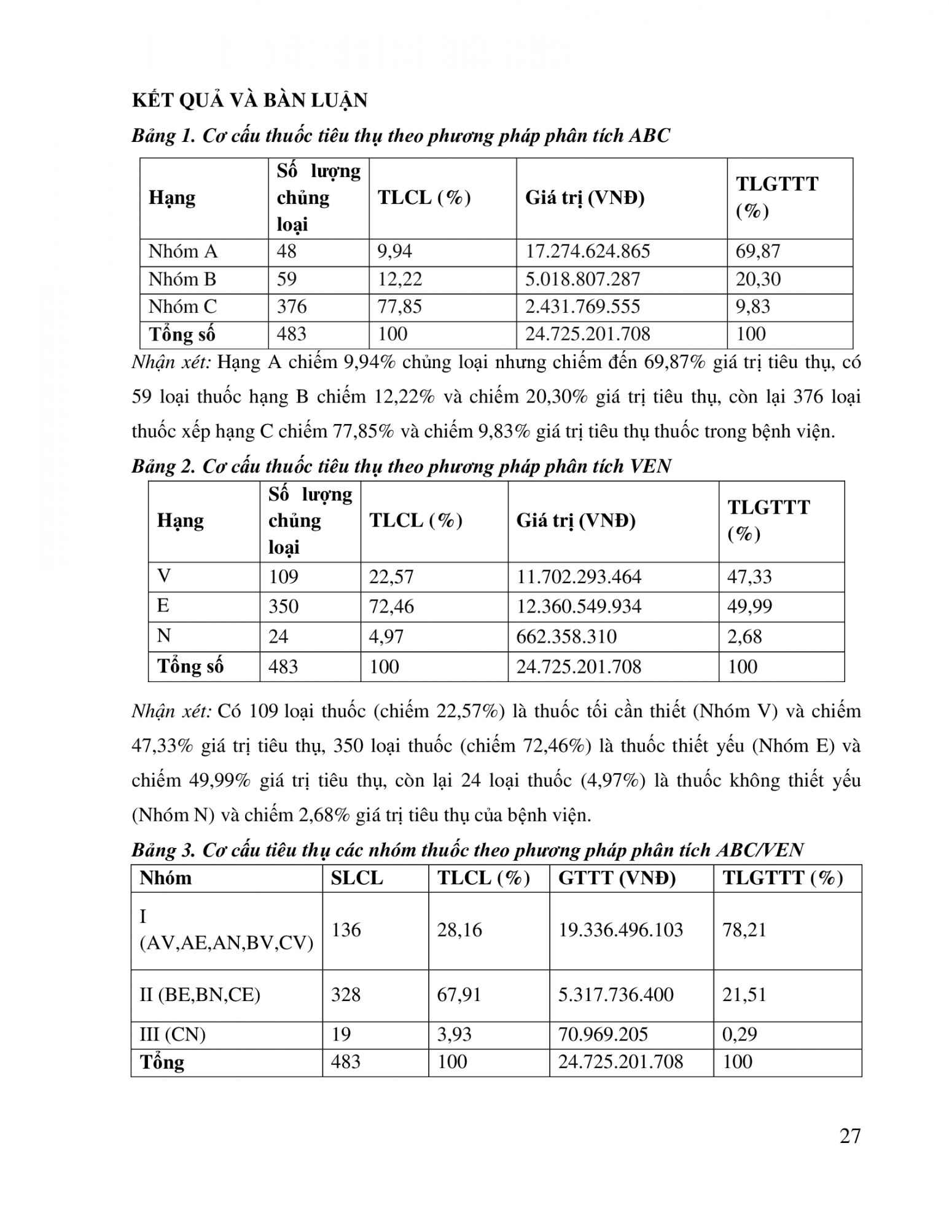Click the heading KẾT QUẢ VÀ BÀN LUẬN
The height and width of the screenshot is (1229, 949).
[249, 100]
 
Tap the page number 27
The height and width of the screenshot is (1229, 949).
[850, 1136]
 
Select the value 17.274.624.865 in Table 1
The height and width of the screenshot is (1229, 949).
[587, 251]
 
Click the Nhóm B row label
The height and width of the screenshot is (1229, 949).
[182, 279]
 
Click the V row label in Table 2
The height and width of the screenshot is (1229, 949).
[164, 576]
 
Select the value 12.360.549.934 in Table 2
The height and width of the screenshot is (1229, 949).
[579, 607]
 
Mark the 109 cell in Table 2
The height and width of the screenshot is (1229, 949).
[283, 576]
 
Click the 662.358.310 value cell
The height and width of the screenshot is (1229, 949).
[566, 636]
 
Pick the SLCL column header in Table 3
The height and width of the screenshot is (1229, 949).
[356, 878]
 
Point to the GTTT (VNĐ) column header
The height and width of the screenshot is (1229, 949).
[617, 878]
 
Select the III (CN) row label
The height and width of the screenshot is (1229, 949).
[173, 1034]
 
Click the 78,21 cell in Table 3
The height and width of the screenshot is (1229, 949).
[744, 929]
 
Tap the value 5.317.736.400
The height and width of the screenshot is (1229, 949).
[615, 994]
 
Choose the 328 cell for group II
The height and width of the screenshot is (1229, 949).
[346, 994]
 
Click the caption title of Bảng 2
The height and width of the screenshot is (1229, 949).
[401, 466]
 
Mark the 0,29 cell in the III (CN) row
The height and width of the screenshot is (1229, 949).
[740, 1034]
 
